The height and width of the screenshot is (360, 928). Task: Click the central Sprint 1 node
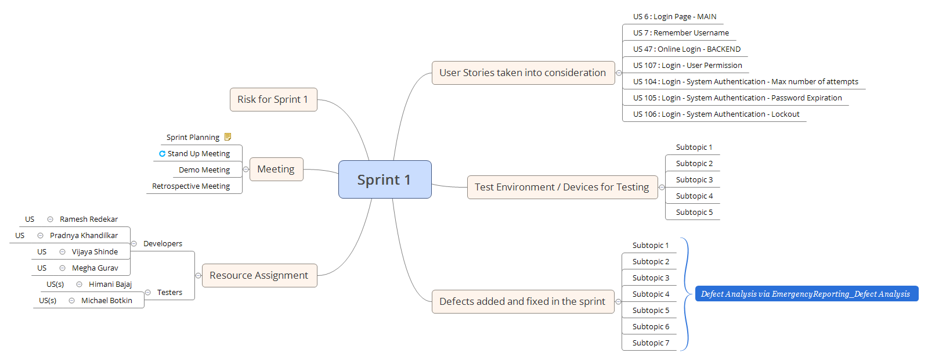click(x=384, y=179)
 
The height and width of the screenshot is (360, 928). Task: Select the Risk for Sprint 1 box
click(x=273, y=99)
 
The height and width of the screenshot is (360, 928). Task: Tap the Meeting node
click(x=276, y=169)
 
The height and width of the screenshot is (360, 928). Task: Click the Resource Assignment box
click(x=259, y=275)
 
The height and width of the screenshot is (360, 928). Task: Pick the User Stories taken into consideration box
click(x=522, y=73)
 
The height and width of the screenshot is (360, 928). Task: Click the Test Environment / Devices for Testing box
click(x=561, y=187)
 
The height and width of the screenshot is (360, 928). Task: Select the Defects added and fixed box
click(x=522, y=301)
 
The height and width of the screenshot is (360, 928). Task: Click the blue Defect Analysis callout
click(x=805, y=294)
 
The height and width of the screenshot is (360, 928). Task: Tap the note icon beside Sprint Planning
click(x=228, y=137)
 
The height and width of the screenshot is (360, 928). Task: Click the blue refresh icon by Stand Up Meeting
click(x=162, y=153)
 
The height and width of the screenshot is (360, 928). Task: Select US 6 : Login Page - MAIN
click(x=674, y=17)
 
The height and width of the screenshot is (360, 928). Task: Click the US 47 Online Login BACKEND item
click(x=687, y=49)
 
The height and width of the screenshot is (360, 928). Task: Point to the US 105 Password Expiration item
click(x=737, y=98)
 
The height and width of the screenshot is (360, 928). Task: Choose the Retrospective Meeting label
click(x=191, y=186)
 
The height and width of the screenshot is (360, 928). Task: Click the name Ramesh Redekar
click(x=89, y=219)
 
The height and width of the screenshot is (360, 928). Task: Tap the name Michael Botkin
click(x=107, y=301)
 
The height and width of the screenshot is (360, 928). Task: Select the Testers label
click(x=169, y=293)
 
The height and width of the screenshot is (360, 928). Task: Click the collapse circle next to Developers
click(x=134, y=244)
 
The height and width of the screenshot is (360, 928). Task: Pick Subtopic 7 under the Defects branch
click(x=651, y=343)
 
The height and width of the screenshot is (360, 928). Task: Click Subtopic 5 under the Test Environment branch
click(x=694, y=213)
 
